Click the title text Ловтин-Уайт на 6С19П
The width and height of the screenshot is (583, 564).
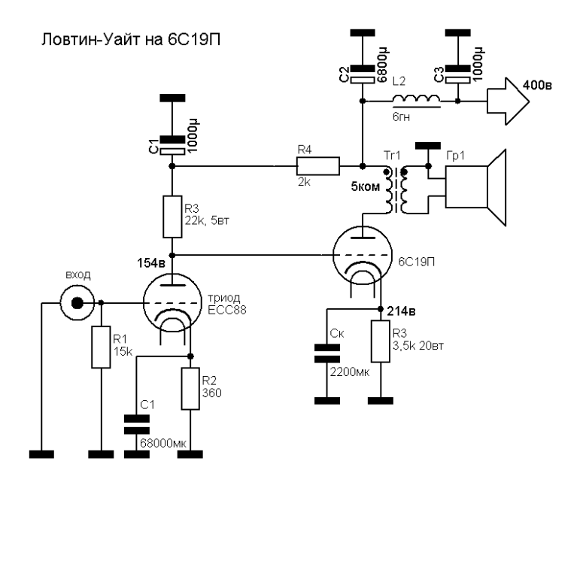130,39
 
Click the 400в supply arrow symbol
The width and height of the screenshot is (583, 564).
508,101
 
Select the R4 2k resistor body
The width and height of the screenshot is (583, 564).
318,166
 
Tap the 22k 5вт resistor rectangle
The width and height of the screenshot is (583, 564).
172,217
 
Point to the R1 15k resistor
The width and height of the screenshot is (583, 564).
101,347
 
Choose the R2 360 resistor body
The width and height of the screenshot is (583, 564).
190,389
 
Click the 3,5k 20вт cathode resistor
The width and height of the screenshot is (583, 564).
381,341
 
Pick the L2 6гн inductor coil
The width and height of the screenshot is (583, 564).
417,99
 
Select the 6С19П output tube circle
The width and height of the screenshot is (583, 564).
363,255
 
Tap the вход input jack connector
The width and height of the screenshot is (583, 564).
77,303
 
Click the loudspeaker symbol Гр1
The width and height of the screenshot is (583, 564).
476,187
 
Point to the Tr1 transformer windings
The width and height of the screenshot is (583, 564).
396,191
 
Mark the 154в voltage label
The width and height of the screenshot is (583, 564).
151,263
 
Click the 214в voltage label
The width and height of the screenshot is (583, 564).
402,311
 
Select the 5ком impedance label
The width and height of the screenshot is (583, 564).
366,186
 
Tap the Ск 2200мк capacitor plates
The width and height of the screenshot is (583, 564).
326,353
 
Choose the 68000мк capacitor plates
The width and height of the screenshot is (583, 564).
136,425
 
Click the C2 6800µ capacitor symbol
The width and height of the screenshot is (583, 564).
363,74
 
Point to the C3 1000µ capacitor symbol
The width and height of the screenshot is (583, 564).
457,74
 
